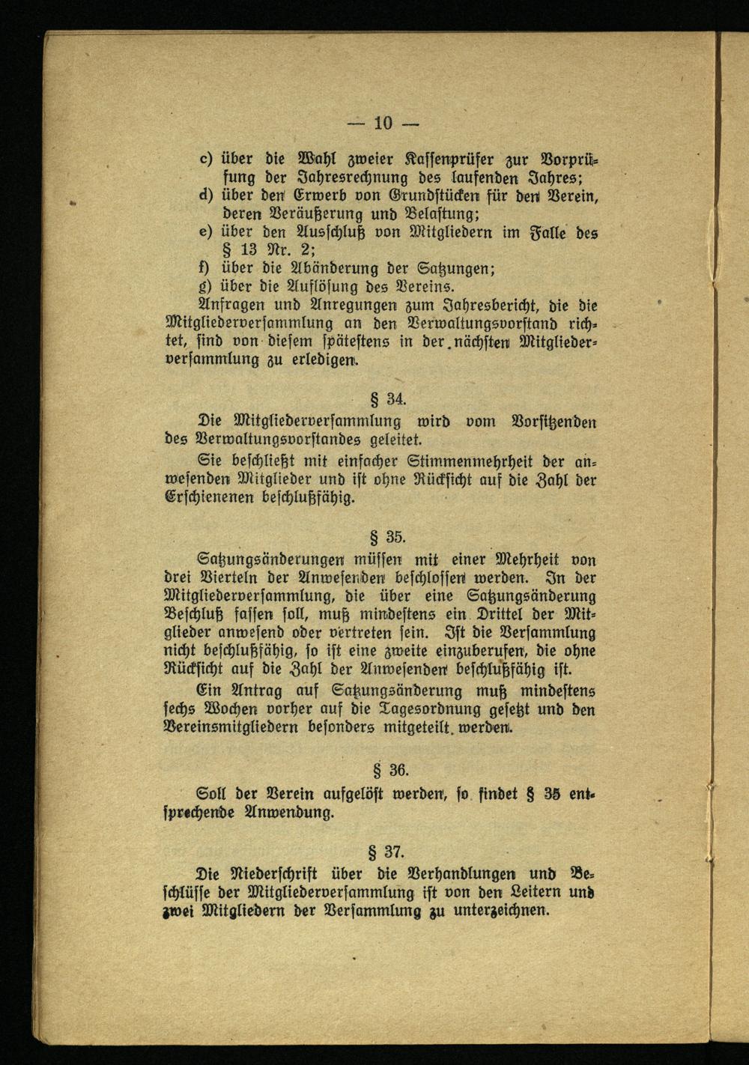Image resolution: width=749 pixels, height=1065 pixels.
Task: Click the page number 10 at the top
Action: point(383,123)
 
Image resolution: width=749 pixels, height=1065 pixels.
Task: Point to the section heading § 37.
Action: point(387,852)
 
